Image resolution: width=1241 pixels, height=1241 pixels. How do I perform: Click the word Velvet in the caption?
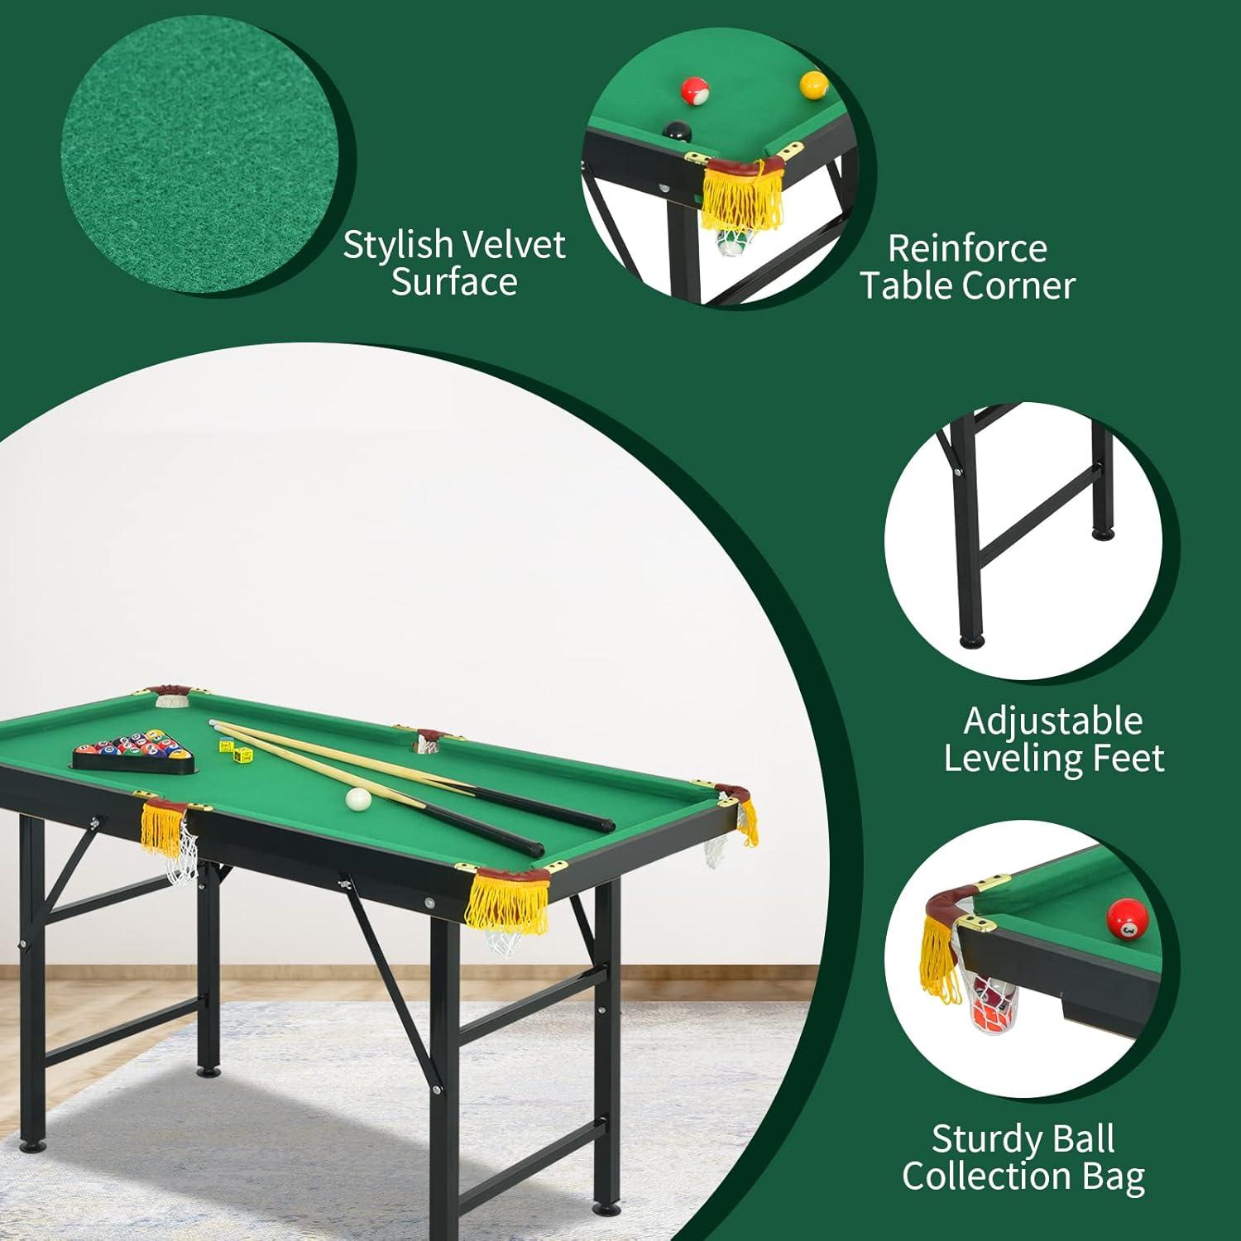pyautogui.click(x=513, y=245)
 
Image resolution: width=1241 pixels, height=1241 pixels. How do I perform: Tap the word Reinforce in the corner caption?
pyautogui.click(x=967, y=249)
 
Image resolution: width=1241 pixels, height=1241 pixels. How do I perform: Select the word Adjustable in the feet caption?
pyautogui.click(x=1052, y=721)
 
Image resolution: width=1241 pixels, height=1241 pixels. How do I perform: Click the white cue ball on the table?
pyautogui.click(x=359, y=798)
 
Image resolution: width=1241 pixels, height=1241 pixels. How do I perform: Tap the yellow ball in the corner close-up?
pyautogui.click(x=813, y=84)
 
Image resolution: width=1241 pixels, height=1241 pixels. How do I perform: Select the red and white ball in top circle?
pyautogui.click(x=694, y=91)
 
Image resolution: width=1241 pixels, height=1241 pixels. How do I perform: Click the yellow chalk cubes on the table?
pyautogui.click(x=236, y=750)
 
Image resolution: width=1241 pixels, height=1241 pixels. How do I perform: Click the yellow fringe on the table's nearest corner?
pyautogui.click(x=495, y=902)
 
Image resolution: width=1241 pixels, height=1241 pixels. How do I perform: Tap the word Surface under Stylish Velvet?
pyautogui.click(x=454, y=283)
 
